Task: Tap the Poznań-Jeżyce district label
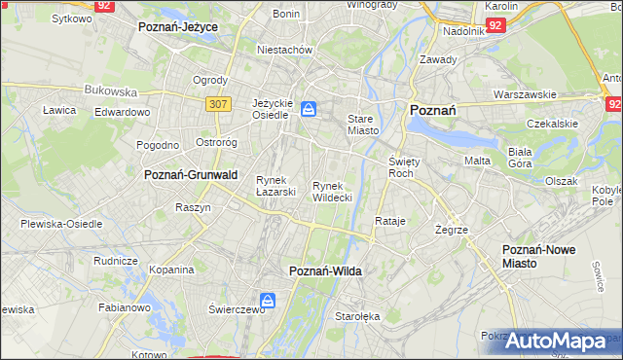[x=178, y=27]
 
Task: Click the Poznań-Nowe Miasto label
[x=538, y=257]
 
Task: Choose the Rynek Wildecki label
[x=332, y=191]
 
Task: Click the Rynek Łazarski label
[x=275, y=186]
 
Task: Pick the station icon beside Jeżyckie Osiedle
[x=309, y=109]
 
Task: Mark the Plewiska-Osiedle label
[x=61, y=224]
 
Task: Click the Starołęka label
[x=357, y=316]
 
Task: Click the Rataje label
[x=389, y=222]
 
